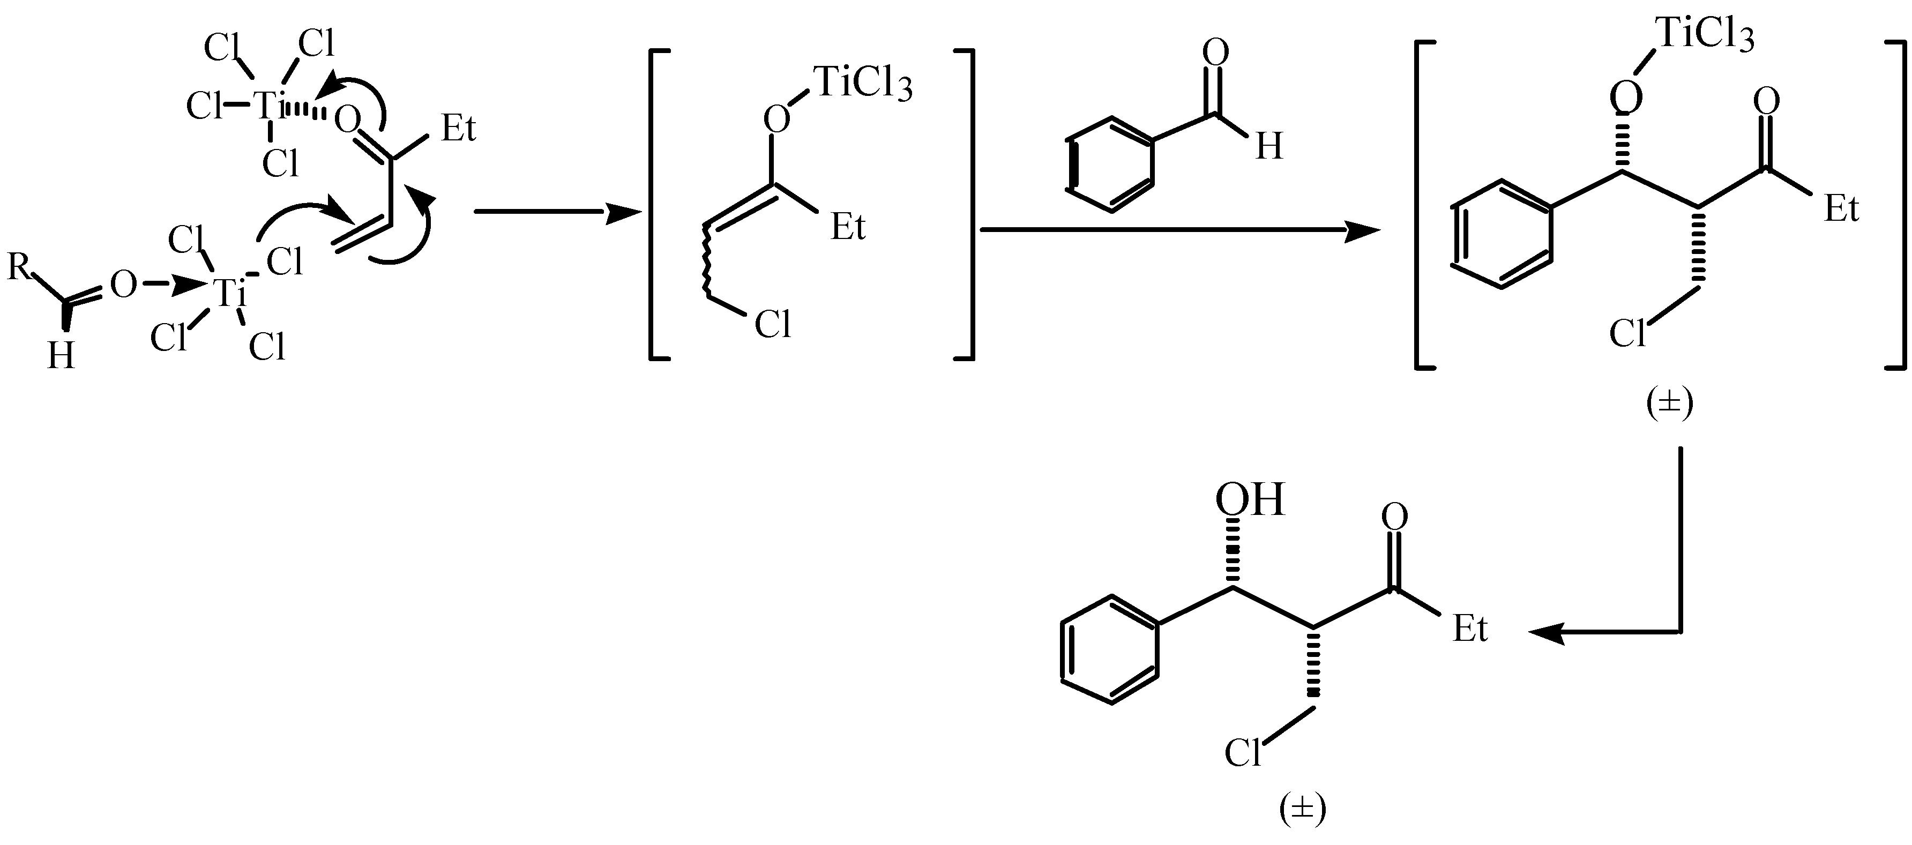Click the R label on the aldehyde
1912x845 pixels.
click(x=19, y=266)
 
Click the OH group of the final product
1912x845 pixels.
click(x=1249, y=501)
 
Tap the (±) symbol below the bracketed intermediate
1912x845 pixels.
click(x=1669, y=405)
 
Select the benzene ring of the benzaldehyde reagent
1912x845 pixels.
click(x=1111, y=164)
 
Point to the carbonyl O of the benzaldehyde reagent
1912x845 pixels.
click(x=1215, y=54)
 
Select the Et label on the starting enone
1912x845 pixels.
click(x=458, y=129)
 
